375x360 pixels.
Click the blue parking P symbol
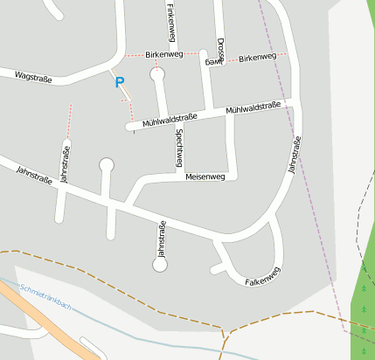120,82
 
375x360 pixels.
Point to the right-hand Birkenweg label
257,57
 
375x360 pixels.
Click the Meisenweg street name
205,177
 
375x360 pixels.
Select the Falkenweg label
262,281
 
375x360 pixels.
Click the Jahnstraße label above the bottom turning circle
161,239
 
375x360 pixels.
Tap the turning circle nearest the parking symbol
158,74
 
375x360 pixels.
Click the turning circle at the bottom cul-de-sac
160,266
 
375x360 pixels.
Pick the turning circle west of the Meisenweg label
107,164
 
